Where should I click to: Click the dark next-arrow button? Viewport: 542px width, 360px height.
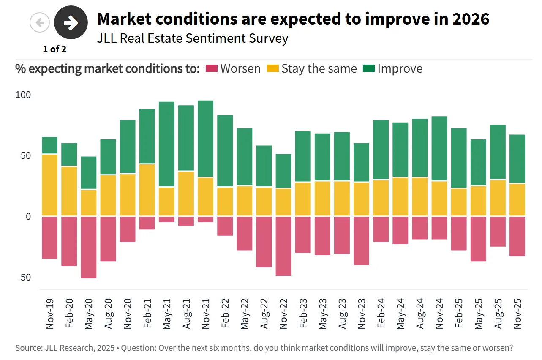click(71, 22)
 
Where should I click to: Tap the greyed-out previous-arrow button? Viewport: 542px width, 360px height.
click(40, 22)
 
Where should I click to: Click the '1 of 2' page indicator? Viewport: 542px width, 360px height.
click(54, 49)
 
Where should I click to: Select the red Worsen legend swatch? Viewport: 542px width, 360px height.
click(211, 68)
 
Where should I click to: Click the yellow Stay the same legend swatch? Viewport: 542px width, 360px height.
click(272, 68)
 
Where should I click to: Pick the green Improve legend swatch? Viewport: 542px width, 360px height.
click(369, 68)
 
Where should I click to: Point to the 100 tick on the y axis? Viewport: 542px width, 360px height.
click(23, 95)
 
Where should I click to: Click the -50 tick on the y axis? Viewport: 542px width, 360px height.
click(23, 277)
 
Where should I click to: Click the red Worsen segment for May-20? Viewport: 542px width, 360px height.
click(89, 247)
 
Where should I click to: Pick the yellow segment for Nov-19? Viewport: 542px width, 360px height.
click(50, 185)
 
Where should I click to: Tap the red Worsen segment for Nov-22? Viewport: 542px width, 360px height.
click(283, 246)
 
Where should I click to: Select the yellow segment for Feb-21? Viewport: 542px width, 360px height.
click(147, 190)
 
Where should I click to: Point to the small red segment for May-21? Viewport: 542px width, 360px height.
click(166, 219)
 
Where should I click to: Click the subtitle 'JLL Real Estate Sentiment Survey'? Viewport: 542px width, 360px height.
click(193, 38)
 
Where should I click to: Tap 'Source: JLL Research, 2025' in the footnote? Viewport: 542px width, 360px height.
click(65, 348)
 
